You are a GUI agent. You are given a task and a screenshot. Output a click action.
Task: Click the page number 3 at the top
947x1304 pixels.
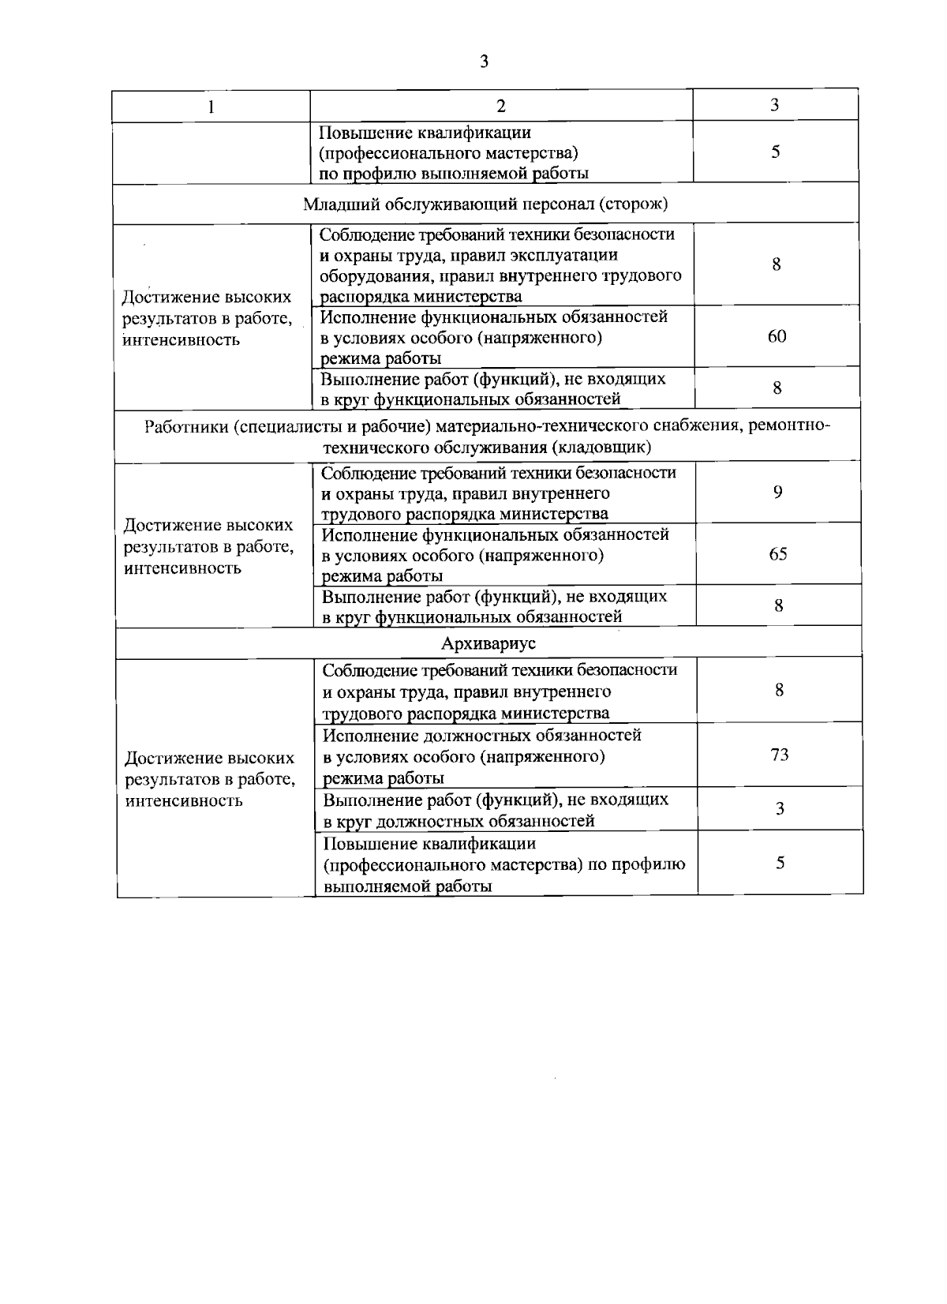pos(484,62)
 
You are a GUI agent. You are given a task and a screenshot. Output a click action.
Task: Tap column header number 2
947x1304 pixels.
pos(501,107)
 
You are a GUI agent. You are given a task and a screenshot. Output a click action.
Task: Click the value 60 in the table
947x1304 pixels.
pos(777,336)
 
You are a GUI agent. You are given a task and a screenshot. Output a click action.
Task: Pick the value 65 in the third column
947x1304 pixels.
pos(777,554)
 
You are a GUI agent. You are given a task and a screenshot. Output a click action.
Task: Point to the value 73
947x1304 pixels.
pos(779,755)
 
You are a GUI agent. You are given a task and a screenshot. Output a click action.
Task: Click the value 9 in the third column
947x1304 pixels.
pos(777,493)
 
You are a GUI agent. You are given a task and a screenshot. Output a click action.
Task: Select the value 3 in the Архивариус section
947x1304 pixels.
pos(780,808)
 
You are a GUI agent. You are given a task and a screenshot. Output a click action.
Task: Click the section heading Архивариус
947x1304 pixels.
pos(488,643)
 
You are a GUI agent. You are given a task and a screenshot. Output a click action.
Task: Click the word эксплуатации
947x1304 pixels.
pos(562,255)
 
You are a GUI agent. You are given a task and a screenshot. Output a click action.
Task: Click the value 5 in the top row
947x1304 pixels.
pos(776,152)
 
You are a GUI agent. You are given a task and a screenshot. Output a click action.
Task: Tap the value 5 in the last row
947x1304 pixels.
pos(780,863)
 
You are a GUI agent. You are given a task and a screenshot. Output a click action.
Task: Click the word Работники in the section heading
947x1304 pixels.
pos(185,426)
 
